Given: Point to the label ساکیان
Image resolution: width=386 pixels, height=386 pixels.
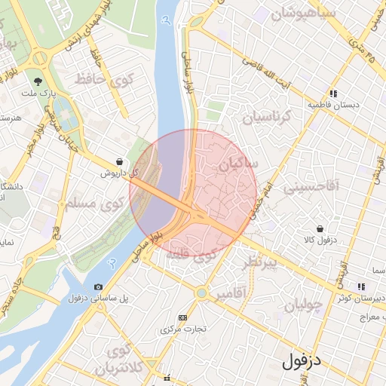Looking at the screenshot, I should [237, 163].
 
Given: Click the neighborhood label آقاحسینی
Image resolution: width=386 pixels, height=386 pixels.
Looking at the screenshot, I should [311, 186].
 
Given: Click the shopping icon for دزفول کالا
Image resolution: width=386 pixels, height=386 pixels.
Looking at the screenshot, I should [320, 228].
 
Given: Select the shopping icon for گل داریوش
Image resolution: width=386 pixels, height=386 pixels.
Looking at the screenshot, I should [120, 161].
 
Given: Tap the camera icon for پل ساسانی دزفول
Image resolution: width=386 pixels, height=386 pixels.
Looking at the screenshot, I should [99, 287].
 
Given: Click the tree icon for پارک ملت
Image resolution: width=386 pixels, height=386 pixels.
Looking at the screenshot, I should [36, 81].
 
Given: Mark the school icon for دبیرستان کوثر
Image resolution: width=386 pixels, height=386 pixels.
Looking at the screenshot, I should [361, 286].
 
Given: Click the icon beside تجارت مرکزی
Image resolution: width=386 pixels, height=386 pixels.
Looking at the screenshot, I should [182, 317].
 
